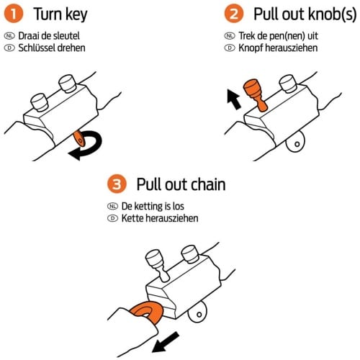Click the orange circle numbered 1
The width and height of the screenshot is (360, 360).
coord(14,14)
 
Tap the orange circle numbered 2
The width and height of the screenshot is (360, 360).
coord(234,14)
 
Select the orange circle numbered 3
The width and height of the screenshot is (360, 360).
coord(117,184)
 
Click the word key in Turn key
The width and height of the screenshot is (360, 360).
coord(76,15)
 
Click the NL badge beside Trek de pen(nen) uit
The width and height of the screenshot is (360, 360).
coord(230,36)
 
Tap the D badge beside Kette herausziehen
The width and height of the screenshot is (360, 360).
coord(112,218)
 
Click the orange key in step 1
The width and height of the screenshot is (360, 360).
coord(79,138)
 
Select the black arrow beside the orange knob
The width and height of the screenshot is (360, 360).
coord(233,99)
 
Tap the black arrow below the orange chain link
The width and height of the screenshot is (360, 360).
coord(166,342)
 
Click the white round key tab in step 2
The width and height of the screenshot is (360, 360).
coord(295,142)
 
